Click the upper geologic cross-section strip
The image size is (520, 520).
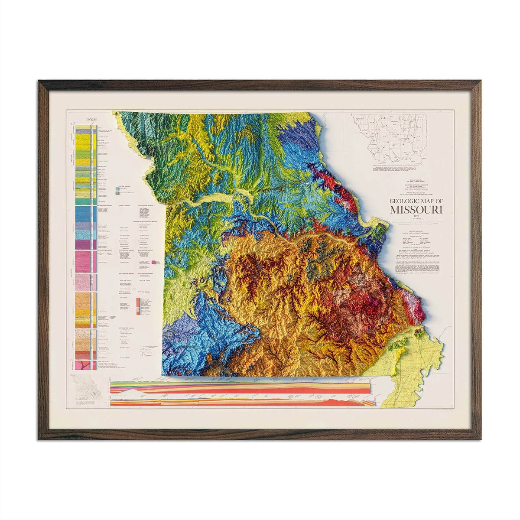[x=240, y=388]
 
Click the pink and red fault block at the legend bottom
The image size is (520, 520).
[x=84, y=365]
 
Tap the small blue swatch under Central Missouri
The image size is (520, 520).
[x=117, y=189]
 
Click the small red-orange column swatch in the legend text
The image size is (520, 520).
[x=138, y=308]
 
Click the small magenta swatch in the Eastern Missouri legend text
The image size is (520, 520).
[x=153, y=263]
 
